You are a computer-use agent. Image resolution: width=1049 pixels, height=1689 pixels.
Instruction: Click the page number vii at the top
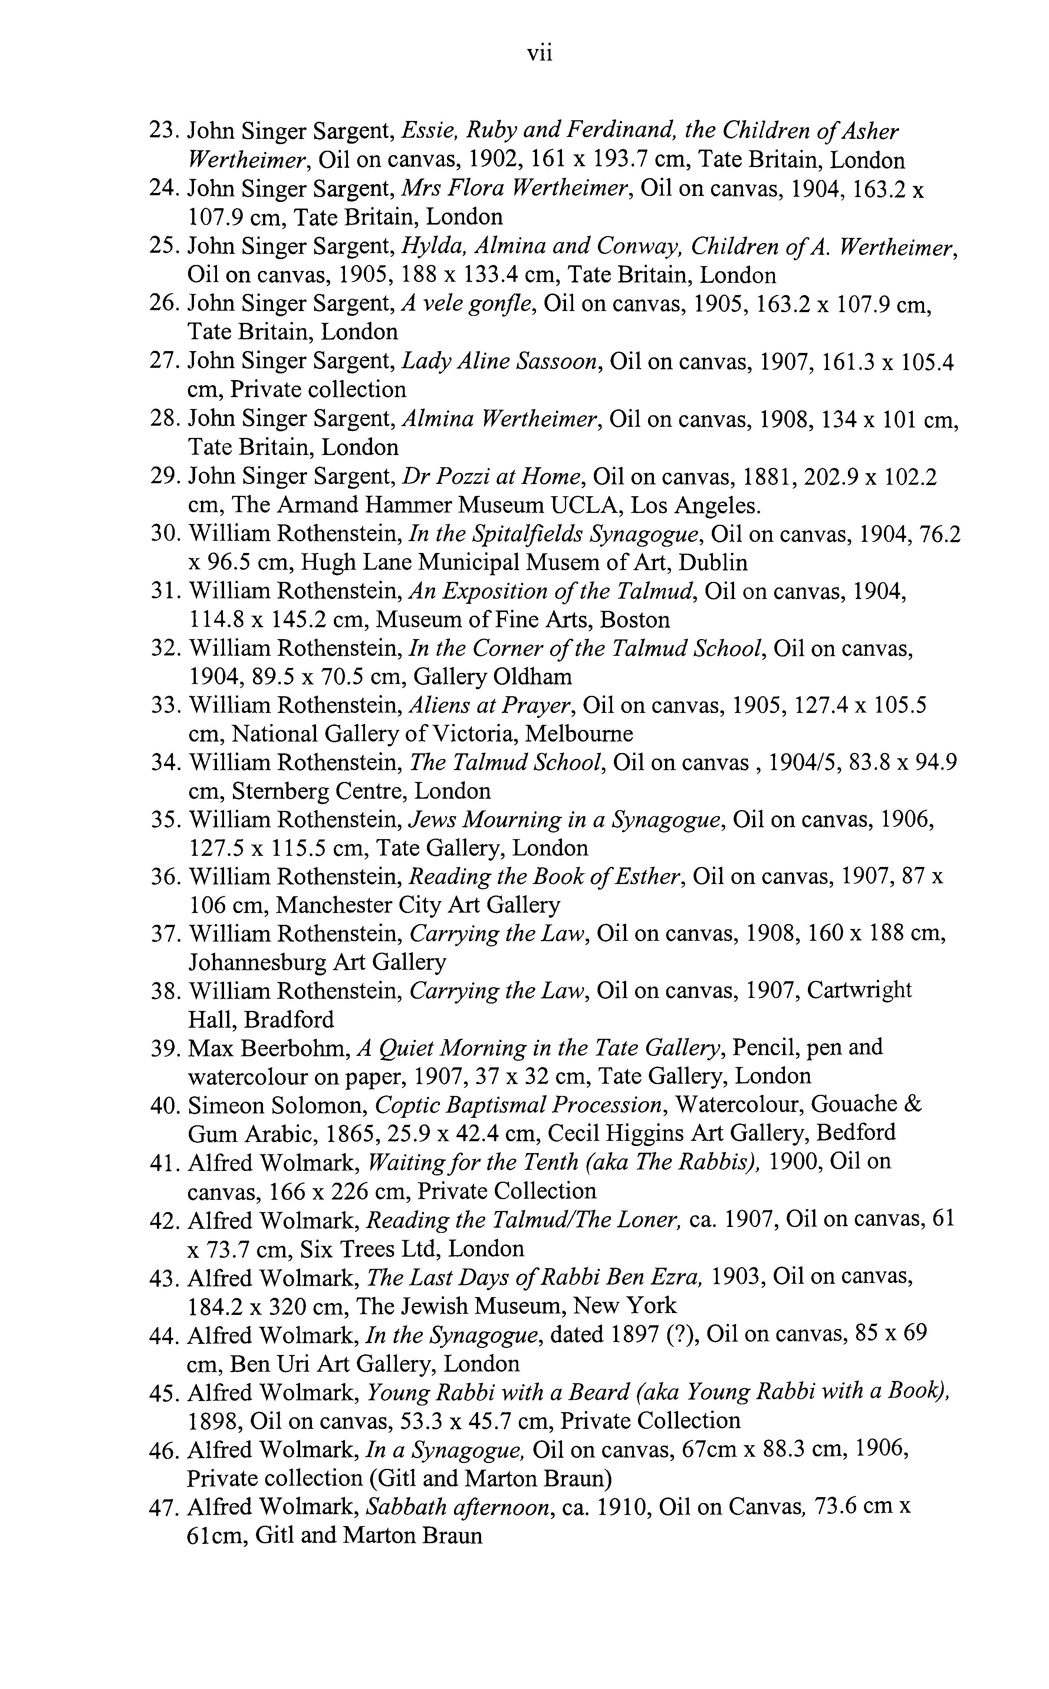(x=540, y=53)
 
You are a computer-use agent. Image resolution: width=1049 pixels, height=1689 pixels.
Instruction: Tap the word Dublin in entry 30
(x=713, y=562)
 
